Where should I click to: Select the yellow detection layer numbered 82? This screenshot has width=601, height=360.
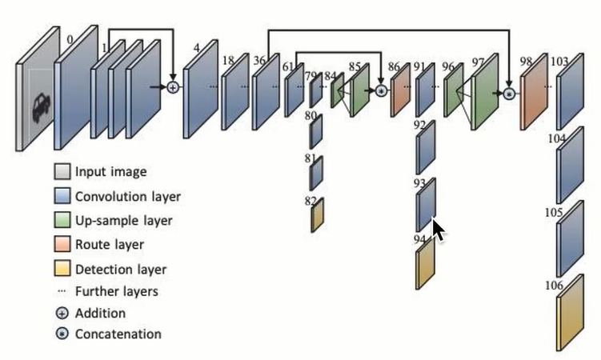tap(317, 214)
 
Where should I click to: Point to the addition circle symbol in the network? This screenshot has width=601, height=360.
tap(172, 86)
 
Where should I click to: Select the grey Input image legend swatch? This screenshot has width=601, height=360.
tap(62, 171)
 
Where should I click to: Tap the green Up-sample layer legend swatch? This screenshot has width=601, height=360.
tap(62, 220)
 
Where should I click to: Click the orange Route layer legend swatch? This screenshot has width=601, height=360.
tap(62, 245)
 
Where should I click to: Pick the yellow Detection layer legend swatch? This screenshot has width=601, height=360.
tap(62, 270)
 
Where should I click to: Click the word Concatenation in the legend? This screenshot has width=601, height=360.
tap(118, 334)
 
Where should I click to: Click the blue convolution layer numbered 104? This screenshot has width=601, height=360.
tap(569, 169)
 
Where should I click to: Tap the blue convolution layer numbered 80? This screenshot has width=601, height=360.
tap(316, 133)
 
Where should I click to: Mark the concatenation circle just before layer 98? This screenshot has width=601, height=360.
tap(507, 94)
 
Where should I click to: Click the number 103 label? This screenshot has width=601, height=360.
tap(560, 61)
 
